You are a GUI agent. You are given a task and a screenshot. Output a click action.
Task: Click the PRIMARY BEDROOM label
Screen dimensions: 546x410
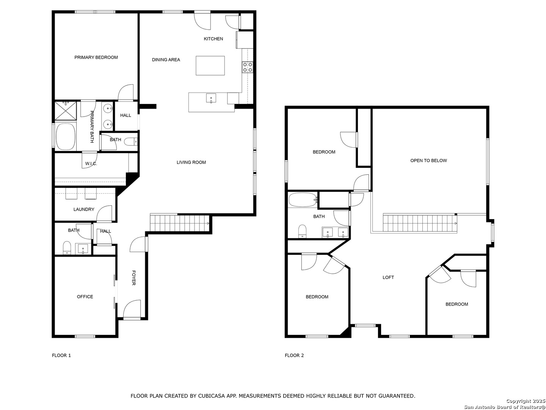(x=96, y=57)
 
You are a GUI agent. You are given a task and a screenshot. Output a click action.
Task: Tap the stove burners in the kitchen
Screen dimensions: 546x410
(x=248, y=67)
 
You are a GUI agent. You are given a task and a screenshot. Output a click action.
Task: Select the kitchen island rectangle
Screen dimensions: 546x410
(x=210, y=65)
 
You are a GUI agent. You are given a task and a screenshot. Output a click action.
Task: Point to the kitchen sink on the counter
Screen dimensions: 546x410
(x=211, y=98)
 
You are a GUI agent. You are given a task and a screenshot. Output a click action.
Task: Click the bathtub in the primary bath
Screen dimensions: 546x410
(x=66, y=137)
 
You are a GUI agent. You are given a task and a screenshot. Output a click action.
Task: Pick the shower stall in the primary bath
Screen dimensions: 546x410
(x=66, y=110)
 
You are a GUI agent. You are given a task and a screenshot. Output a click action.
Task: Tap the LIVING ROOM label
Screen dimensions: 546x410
(x=191, y=162)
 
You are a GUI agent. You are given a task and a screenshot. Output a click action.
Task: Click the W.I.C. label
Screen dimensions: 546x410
(x=91, y=164)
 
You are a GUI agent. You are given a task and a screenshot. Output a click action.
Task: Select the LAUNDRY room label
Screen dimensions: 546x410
(x=84, y=209)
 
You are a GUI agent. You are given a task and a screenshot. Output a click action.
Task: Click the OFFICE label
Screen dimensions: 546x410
(x=85, y=296)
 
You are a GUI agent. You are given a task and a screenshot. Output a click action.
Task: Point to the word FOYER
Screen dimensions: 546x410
(x=133, y=278)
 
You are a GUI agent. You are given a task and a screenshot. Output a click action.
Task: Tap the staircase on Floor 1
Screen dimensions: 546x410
(x=180, y=223)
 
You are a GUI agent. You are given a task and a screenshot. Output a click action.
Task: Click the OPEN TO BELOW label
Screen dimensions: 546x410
(x=428, y=161)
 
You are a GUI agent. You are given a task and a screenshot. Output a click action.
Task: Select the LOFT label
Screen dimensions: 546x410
(x=388, y=277)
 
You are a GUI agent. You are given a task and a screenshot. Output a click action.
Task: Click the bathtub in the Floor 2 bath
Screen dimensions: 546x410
(x=303, y=200)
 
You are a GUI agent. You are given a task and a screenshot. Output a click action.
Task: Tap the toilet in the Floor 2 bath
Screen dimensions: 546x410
(x=302, y=231)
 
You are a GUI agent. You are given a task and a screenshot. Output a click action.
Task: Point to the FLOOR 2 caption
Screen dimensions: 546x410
(x=294, y=355)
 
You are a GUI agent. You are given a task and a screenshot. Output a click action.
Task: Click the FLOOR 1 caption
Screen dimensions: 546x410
(x=61, y=355)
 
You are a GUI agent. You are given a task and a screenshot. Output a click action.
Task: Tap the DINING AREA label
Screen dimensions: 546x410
(x=166, y=60)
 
